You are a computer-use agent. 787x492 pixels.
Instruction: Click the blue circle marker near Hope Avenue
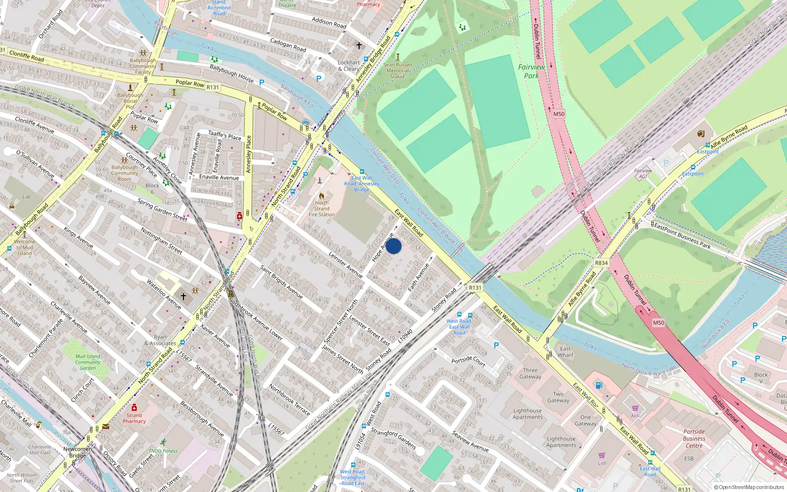point(393,246)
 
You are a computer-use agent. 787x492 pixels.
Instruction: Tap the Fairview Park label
point(531,71)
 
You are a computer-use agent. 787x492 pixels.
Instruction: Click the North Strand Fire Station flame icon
point(322,195)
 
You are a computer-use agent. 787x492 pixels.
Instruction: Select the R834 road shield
point(601,263)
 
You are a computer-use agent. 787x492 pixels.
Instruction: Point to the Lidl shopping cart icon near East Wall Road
point(602,455)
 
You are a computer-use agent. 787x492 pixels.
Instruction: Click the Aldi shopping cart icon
point(635,408)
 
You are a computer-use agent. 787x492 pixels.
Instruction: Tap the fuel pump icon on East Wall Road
point(599,385)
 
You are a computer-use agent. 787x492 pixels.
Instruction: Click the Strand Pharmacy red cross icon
point(134,407)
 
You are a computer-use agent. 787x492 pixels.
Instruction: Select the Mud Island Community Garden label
point(88,362)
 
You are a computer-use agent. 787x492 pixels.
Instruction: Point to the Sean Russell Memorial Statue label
point(397,70)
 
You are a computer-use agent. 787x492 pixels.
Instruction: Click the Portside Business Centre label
point(694,438)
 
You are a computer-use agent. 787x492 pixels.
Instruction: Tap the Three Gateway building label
point(530,373)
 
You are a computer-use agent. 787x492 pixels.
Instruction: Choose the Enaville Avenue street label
point(219,178)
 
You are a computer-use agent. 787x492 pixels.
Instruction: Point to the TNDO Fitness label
point(163,451)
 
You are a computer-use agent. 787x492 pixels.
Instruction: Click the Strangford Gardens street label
point(393,439)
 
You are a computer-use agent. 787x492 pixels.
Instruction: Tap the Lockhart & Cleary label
point(349,65)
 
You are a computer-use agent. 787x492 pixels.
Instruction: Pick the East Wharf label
point(566,352)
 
